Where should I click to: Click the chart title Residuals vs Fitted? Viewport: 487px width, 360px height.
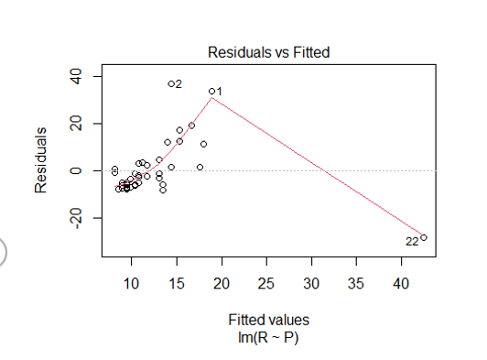[x=268, y=52]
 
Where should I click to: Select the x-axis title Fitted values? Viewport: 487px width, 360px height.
[x=268, y=321]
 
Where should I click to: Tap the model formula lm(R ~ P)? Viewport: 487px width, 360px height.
[x=268, y=337]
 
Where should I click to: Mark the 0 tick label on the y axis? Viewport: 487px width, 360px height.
[x=78, y=170]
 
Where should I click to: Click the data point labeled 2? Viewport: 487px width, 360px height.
[x=171, y=83]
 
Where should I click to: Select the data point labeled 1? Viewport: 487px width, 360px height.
[x=211, y=91]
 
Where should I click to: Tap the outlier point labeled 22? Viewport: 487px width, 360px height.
[x=423, y=237]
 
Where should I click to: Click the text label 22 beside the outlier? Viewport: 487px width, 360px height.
[x=411, y=242]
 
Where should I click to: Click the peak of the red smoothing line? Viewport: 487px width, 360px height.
[x=212, y=97]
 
